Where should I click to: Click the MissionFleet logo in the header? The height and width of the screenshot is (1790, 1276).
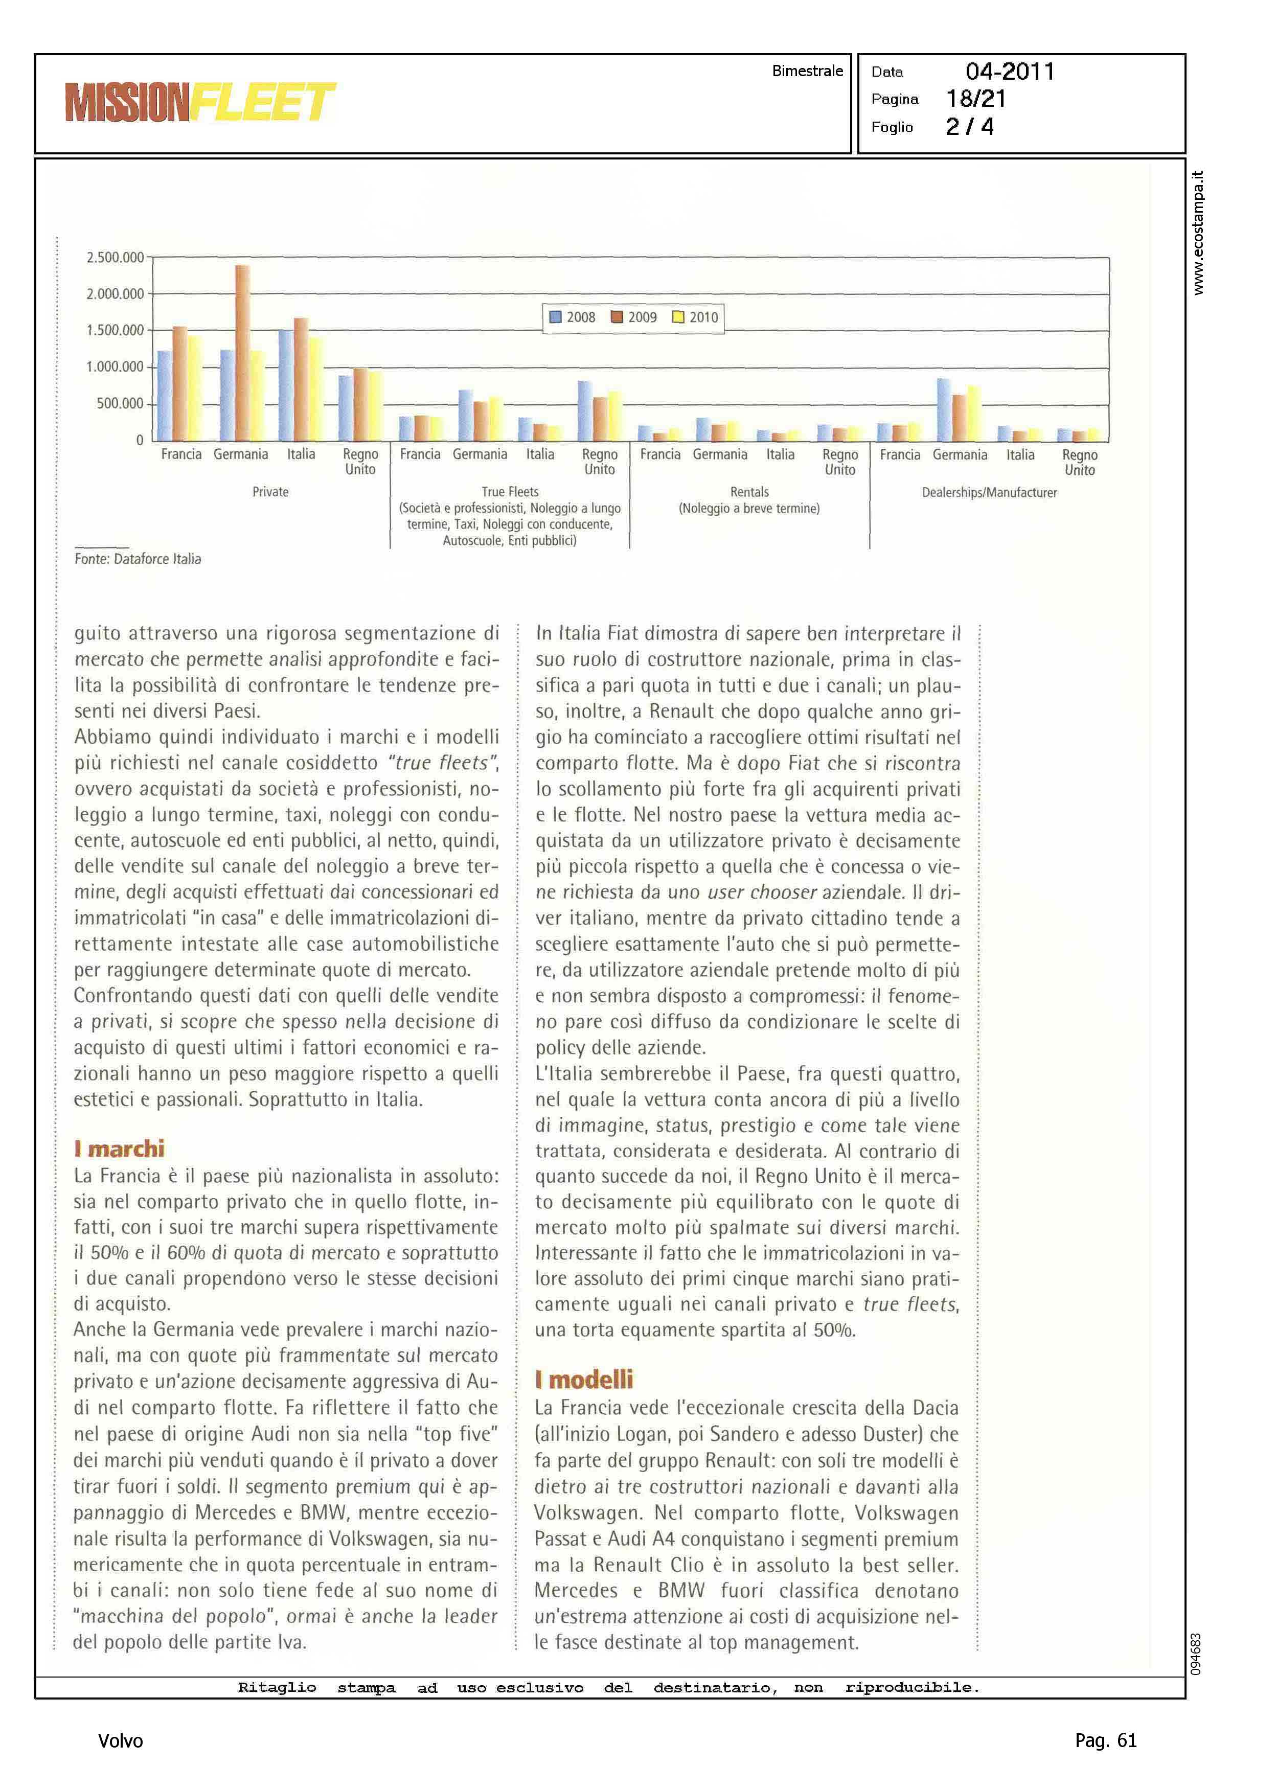tap(200, 102)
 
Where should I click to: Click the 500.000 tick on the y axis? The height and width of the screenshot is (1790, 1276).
tap(120, 404)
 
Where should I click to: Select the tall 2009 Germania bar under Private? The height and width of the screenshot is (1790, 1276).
tap(243, 353)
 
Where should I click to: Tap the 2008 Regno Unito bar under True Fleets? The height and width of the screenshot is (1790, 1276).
tap(584, 410)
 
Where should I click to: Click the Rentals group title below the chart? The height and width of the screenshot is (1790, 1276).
tap(749, 492)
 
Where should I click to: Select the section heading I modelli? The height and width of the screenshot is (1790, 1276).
tap(584, 1379)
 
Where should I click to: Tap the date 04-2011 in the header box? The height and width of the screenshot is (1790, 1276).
tap(1010, 72)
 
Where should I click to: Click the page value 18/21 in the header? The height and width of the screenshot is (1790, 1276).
tap(976, 99)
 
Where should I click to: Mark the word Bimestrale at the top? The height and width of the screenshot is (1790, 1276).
tap(807, 71)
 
